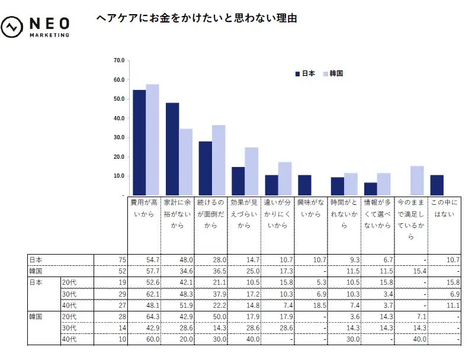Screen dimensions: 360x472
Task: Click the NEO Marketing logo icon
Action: point(12,27)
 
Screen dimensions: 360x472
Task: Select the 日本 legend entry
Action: point(305,73)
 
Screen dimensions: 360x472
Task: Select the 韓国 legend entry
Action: point(333,73)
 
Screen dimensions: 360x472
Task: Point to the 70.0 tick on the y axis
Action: point(118,60)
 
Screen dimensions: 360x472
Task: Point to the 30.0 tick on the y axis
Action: point(118,137)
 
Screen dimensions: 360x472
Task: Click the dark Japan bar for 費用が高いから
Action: point(139,142)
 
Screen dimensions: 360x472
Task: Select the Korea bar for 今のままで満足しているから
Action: point(417,180)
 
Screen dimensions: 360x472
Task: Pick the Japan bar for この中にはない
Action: point(437,185)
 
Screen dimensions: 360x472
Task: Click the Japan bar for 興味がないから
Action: point(304,185)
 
